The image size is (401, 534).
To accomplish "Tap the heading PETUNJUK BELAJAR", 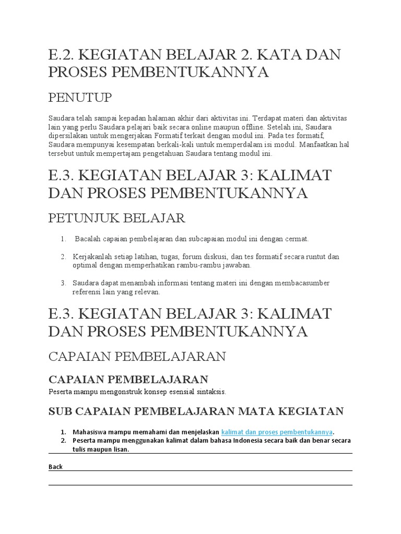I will [116, 217].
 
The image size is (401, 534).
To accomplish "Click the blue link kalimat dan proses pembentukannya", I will [277, 432].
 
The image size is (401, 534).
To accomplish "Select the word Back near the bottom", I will [55, 467].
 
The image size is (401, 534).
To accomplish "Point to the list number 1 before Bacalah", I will [63, 239].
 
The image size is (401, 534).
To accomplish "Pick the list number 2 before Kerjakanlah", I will [63, 257].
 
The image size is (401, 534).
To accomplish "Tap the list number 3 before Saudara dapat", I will [63, 283].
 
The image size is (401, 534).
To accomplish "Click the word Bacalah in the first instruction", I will [91, 239].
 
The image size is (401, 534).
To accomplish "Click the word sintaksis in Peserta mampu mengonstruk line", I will [212, 391].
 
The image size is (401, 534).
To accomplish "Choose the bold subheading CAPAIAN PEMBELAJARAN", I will [128, 379].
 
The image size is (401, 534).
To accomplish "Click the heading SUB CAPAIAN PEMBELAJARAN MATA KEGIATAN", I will [196, 411].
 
